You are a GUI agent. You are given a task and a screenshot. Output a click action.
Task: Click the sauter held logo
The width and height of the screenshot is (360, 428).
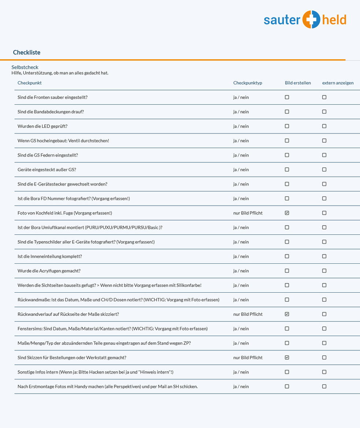(305, 20)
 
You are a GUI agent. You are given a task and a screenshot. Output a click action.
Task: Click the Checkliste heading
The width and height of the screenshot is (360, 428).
(27, 52)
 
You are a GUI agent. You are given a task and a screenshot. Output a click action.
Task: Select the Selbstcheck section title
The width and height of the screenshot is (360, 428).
(25, 67)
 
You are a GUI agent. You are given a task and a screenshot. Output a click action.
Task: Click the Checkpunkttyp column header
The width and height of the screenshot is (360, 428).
(248, 83)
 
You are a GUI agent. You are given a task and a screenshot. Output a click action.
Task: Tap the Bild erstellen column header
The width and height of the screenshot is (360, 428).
(298, 83)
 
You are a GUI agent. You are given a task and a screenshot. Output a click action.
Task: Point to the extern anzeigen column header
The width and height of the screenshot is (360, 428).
(338, 83)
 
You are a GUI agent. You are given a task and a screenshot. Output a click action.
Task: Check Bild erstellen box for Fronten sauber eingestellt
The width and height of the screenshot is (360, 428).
(287, 97)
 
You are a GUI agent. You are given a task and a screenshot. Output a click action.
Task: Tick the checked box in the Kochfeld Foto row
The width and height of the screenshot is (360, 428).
(287, 213)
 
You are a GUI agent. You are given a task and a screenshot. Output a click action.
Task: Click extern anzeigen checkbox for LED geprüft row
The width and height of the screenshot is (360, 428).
(324, 126)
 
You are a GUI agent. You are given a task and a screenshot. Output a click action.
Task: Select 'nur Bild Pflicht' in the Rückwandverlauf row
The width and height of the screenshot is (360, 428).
(248, 314)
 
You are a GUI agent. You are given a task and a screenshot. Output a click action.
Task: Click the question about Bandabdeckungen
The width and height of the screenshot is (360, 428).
(51, 112)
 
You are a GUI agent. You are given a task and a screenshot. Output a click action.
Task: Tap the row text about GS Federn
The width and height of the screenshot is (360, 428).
(48, 155)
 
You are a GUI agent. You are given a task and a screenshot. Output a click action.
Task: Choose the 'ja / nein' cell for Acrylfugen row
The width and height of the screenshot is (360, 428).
(241, 271)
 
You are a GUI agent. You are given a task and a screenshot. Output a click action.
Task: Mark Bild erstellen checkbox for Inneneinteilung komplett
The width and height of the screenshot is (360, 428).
(287, 256)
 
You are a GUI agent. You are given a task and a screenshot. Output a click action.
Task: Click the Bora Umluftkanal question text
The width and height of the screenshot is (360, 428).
(90, 228)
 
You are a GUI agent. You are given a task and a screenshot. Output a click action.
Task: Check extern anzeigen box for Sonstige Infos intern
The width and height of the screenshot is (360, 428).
(324, 372)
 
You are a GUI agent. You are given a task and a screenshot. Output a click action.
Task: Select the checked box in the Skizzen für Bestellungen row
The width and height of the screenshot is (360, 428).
(287, 357)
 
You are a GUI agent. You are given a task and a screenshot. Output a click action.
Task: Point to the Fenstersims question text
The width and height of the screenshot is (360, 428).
(112, 328)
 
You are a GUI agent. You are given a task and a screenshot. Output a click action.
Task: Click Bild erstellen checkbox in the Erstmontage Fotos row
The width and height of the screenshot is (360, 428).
(287, 386)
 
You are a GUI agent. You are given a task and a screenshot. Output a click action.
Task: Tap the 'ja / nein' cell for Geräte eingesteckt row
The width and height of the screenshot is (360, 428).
(241, 170)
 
